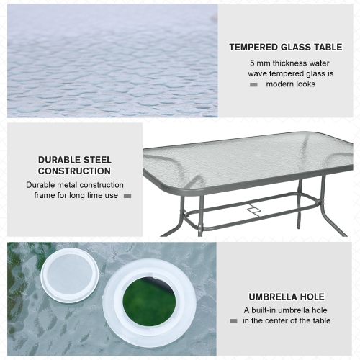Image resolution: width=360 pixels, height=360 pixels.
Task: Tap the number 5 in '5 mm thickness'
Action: [x=251, y=63]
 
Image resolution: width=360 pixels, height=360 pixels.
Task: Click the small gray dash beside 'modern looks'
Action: [x=253, y=85]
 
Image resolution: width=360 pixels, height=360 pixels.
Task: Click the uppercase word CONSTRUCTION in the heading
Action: [x=74, y=171]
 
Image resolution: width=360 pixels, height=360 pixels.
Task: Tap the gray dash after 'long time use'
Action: [x=127, y=196]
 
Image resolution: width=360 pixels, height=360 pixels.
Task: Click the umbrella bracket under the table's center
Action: [x=253, y=210]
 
